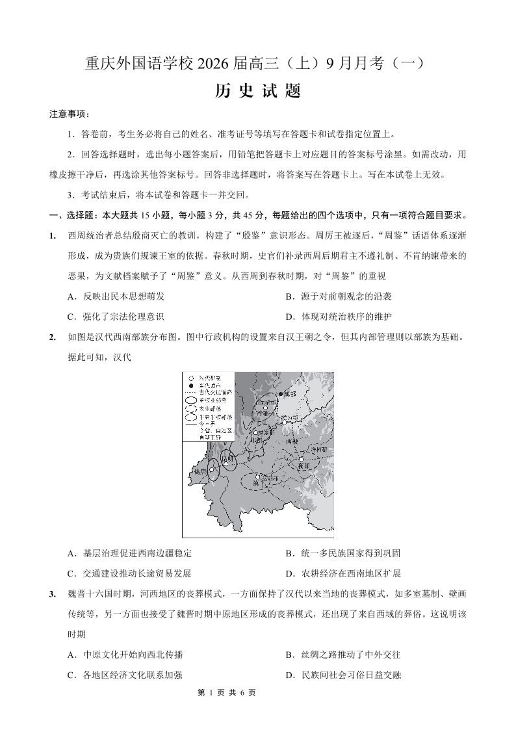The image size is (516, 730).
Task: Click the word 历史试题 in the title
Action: [257, 91]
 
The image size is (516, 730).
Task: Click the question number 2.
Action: [52, 337]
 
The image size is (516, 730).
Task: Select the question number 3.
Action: [52, 593]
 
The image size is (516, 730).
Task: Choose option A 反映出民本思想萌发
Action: [116, 296]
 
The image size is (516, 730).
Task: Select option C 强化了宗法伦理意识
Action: [116, 317]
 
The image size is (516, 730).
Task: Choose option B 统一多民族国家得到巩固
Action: [342, 553]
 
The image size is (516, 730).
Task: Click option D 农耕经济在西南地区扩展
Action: [342, 573]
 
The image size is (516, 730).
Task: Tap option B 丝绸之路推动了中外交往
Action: [342, 655]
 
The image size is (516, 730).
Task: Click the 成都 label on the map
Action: [289, 394]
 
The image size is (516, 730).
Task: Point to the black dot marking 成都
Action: [280, 394]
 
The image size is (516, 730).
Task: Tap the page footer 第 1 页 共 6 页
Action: [226, 693]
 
